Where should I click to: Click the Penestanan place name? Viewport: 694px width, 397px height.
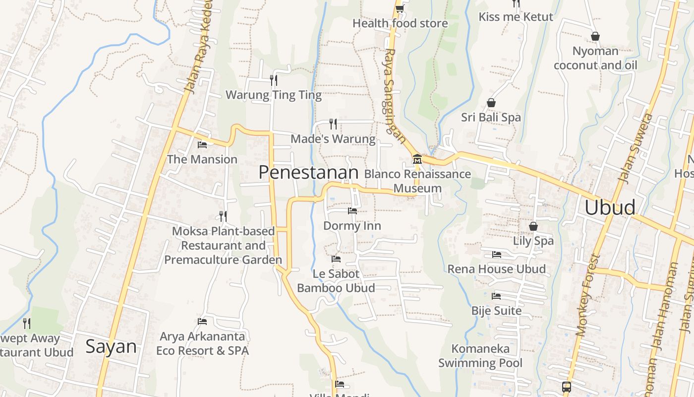coord(308,172)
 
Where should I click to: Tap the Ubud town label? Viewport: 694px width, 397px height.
coord(610,207)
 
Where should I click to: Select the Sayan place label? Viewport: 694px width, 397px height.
coord(111,346)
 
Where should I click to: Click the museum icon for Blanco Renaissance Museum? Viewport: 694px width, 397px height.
coord(417,159)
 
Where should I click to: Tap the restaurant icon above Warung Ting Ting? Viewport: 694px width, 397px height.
coord(273,80)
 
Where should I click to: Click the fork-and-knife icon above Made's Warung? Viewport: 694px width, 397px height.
coord(333,124)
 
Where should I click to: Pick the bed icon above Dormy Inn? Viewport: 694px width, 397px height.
coord(352,211)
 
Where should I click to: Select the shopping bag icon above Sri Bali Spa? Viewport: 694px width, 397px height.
coord(491,103)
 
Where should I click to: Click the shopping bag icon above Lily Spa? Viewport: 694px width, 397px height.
coord(533,226)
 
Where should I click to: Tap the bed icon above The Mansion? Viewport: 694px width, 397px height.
coord(202,145)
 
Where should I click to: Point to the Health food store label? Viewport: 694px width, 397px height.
coord(400,23)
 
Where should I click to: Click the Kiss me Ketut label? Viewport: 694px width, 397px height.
coord(516,17)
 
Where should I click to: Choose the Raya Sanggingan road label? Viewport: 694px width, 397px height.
coord(395,94)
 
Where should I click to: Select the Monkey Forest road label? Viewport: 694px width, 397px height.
coord(588,295)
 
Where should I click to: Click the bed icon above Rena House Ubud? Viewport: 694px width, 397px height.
coord(496,255)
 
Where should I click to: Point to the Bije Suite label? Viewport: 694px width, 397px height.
coord(496,311)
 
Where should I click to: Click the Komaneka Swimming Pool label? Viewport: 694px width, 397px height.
coord(480,356)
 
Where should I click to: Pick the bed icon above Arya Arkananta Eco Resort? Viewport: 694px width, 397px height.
coord(202,322)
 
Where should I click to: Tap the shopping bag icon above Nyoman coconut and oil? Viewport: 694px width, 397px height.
coord(595,36)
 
